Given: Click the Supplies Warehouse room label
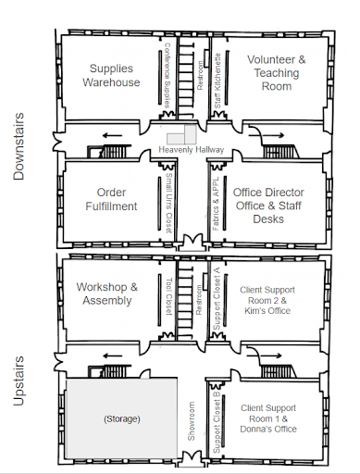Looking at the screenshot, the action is point(111,75).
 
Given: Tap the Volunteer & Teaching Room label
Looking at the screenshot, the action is point(277,73).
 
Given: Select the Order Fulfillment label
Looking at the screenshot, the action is point(111,199).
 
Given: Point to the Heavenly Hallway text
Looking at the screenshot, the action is point(191,150).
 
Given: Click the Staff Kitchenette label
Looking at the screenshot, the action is point(217,81).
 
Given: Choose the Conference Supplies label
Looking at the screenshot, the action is point(167,75).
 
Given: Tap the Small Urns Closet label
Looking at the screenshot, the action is point(168,203).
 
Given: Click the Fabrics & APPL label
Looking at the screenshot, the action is point(216,204).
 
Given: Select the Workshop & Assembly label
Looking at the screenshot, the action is point(107,293).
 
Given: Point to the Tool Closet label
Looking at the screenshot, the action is point(168,296).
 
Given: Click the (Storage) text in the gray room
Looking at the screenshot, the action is point(122,418).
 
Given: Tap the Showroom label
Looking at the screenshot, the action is point(192,421).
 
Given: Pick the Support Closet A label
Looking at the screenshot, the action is point(217,298).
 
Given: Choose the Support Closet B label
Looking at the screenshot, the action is point(217,422).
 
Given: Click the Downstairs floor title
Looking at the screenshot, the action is point(19,146).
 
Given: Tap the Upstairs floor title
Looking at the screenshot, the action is point(19,380).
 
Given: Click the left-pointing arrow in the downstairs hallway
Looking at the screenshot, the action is point(112,135).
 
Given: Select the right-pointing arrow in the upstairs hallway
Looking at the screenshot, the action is point(265,355).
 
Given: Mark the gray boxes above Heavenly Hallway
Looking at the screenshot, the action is point(181,134).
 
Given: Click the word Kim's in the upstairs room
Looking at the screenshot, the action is point(253,310).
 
